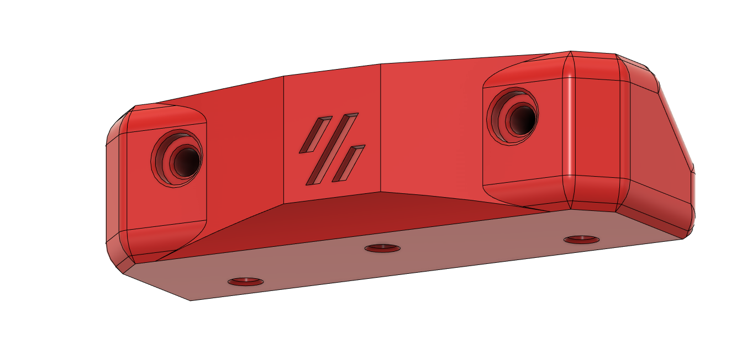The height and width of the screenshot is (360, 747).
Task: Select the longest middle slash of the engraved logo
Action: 332,149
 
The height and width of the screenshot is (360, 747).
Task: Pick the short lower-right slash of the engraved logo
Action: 349,163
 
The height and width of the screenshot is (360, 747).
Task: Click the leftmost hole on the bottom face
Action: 246,282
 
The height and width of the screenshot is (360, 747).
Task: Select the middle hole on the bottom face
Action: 382,248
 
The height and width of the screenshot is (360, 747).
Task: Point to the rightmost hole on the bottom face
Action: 581,240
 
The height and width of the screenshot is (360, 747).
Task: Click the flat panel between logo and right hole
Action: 431,127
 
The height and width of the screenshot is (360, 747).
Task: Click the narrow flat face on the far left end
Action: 116,193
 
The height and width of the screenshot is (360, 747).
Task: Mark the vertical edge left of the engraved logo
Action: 284,138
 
